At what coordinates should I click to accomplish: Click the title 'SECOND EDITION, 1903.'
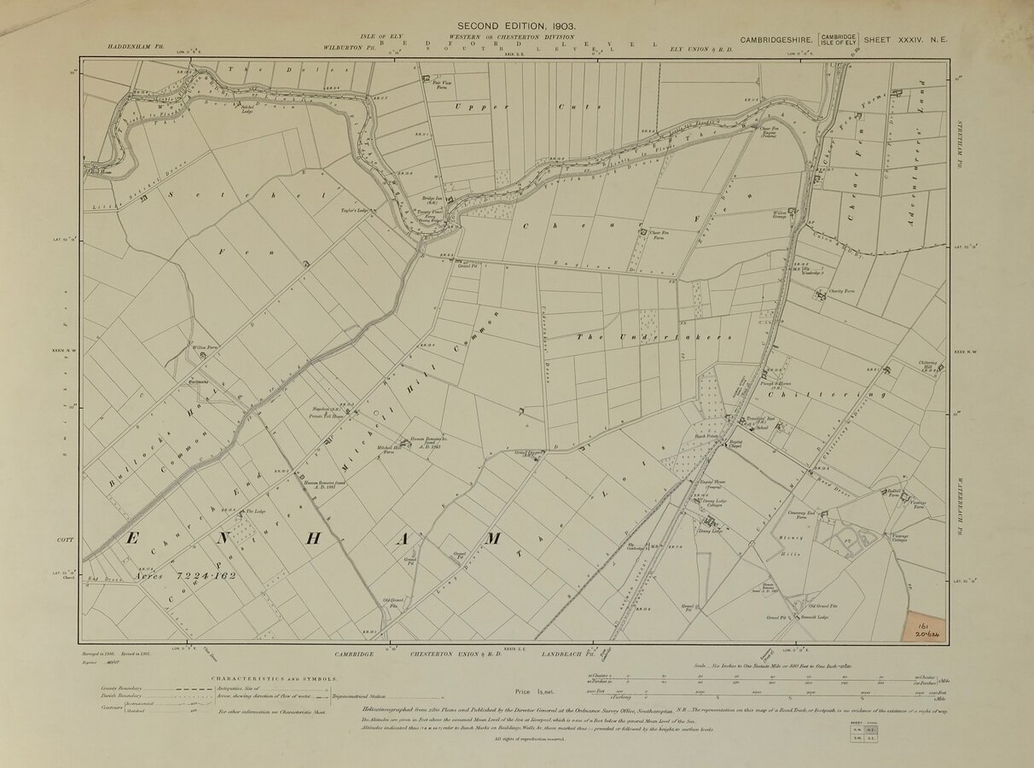click(x=517, y=26)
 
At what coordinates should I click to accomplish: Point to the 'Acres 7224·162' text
click(x=184, y=575)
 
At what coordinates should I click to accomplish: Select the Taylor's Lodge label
click(x=353, y=210)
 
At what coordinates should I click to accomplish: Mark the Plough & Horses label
click(x=772, y=385)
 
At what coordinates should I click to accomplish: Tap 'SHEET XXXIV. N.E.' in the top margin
click(x=903, y=39)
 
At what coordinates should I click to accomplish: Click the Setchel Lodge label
click(x=247, y=109)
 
